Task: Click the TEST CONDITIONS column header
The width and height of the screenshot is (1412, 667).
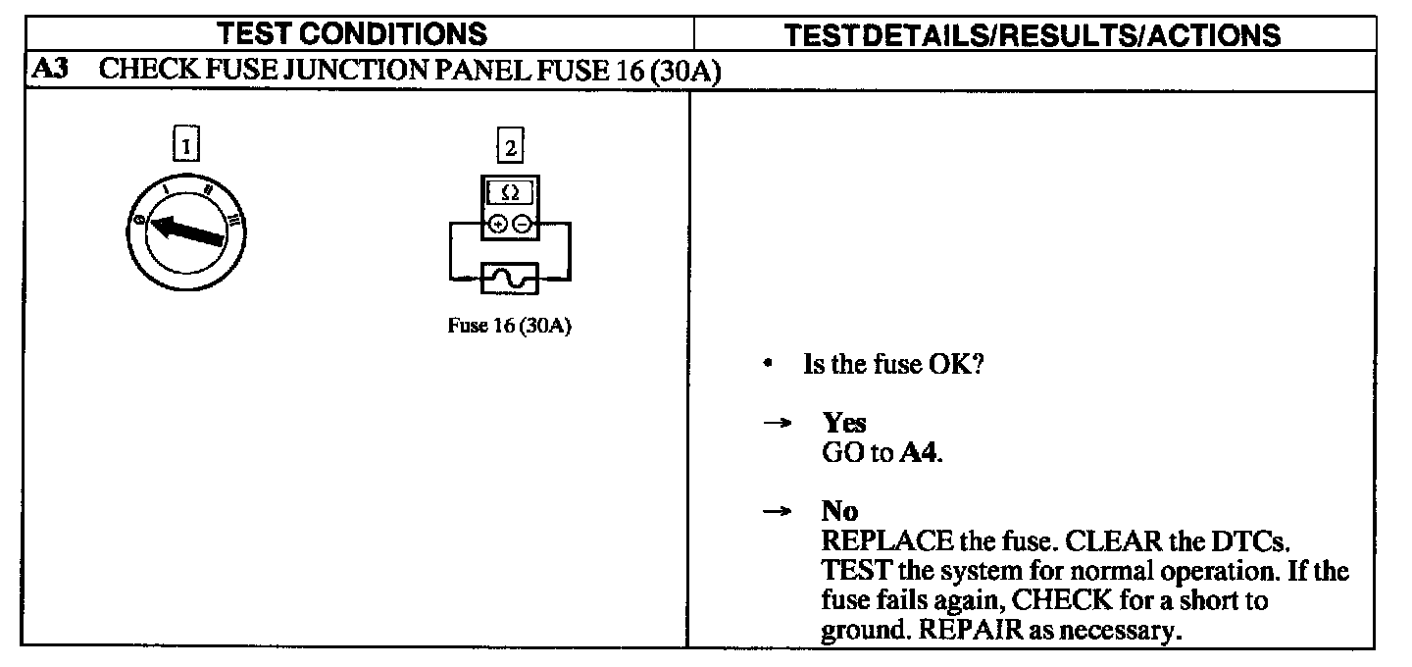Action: (x=352, y=35)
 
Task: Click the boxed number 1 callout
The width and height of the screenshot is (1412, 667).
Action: (x=185, y=146)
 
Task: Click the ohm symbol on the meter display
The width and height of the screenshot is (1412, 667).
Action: (x=510, y=194)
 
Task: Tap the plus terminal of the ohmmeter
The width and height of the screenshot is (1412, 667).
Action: (x=498, y=225)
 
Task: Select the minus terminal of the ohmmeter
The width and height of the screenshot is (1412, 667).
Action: (x=522, y=225)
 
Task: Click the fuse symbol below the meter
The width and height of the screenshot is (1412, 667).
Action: (x=510, y=279)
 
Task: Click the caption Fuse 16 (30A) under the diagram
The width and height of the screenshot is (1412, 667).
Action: (x=510, y=326)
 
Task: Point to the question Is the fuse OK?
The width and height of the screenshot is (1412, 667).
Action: (x=893, y=365)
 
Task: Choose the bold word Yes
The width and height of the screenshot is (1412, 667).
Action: (x=844, y=423)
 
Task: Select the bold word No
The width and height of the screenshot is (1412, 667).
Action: (x=839, y=511)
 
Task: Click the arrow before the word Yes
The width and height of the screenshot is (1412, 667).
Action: (x=778, y=423)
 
